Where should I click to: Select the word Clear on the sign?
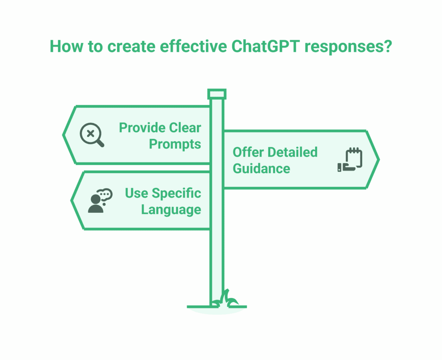185,128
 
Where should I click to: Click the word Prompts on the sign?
175,144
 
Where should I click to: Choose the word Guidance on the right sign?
262,169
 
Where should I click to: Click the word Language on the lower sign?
171,210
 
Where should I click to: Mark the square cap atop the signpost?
217,94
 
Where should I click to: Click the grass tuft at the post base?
226,300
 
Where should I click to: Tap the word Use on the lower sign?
136,193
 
